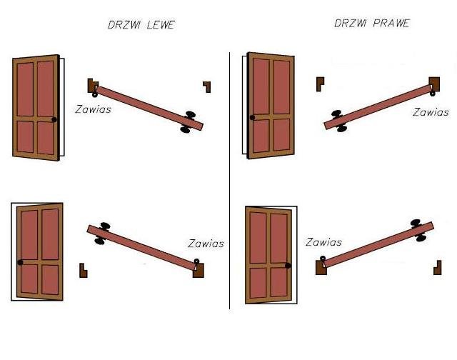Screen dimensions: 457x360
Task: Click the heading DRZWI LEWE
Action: [x=141, y=24]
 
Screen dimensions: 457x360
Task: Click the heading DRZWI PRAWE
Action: [x=372, y=24]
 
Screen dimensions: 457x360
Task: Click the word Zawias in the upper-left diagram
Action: [x=94, y=109]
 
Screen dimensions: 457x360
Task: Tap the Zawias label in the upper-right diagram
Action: [x=431, y=112]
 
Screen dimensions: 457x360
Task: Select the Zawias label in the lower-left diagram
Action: [x=206, y=244]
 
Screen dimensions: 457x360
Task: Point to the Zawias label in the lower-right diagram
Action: [x=323, y=242]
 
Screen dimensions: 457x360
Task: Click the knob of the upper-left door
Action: [x=54, y=119]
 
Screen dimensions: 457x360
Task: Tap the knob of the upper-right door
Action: [x=252, y=117]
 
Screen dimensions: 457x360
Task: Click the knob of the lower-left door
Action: [x=20, y=262]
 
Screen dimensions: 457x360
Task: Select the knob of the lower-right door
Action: [x=288, y=266]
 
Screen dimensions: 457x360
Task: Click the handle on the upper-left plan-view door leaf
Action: [x=187, y=122]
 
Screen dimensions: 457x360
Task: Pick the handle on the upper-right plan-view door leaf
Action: [x=339, y=121]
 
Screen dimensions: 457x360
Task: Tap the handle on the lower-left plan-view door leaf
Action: [x=102, y=233]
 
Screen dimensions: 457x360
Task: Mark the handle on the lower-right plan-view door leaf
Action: [x=418, y=231]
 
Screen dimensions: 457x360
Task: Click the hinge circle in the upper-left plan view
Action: [x=95, y=94]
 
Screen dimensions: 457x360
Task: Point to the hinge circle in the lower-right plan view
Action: [x=323, y=259]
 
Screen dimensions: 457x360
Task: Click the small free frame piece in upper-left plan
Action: [x=208, y=86]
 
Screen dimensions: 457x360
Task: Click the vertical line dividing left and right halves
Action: [x=230, y=181]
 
